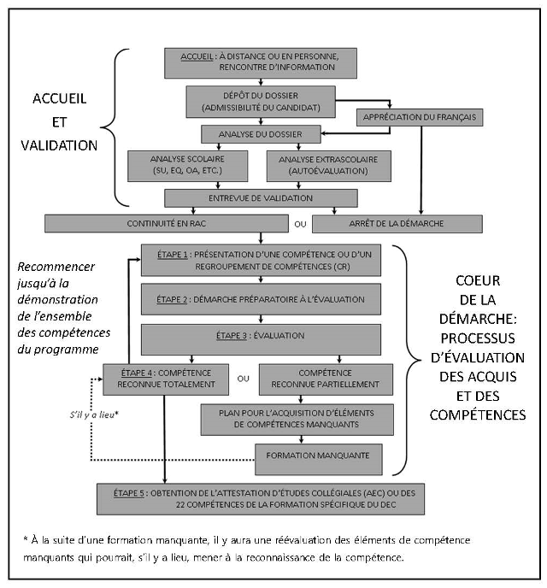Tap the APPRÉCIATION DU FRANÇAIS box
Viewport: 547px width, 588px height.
(419, 116)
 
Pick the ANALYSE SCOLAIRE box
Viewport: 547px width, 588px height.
(188, 164)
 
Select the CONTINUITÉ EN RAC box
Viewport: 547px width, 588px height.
(167, 223)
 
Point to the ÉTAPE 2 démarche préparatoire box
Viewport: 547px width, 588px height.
(261, 299)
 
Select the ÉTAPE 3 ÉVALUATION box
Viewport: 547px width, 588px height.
(261, 335)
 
